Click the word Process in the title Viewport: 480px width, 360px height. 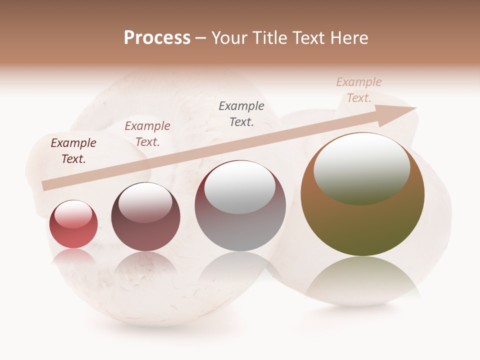(x=157, y=38)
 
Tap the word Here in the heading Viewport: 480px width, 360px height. (x=348, y=38)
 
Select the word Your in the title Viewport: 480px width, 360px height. (x=230, y=38)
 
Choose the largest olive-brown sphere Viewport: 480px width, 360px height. (x=362, y=225)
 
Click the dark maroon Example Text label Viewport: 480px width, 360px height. (x=73, y=151)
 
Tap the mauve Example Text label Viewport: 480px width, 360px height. (x=147, y=134)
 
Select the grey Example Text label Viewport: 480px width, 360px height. (x=241, y=114)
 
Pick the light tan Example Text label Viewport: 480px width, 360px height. (x=358, y=90)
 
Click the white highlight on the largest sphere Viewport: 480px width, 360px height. (x=361, y=167)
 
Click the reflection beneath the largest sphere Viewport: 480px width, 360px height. (x=362, y=280)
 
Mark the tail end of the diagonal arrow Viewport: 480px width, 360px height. (x=46, y=185)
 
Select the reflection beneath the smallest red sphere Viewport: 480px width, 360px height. (x=73, y=257)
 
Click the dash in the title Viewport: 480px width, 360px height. (x=200, y=38)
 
